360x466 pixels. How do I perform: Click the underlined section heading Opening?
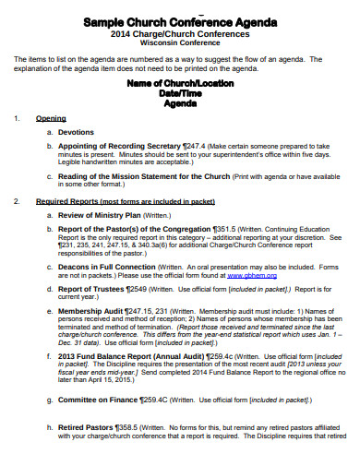tap(51, 118)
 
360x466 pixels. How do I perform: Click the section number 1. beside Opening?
tap(18, 118)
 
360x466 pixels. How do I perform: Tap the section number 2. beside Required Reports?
tap(18, 201)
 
